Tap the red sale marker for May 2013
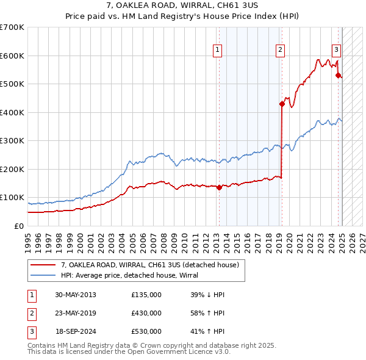click(x=219, y=187)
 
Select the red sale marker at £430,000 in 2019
click(x=282, y=104)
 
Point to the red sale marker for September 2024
click(x=338, y=76)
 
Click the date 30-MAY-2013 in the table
click(x=76, y=295)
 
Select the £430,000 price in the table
click(x=146, y=313)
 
